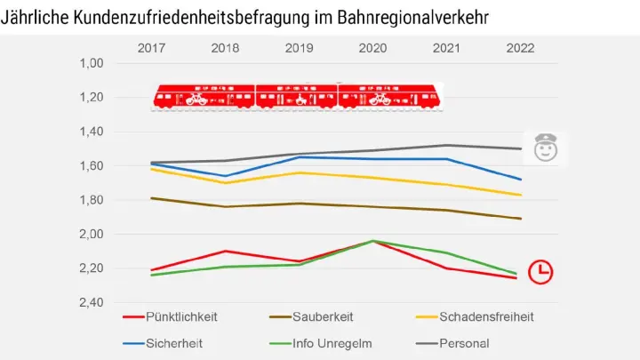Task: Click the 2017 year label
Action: [152, 48]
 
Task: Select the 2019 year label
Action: [300, 48]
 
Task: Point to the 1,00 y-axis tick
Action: [92, 63]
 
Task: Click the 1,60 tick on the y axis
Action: [92, 166]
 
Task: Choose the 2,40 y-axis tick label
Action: [92, 303]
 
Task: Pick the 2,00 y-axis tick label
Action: [92, 235]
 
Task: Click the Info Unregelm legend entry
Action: [332, 343]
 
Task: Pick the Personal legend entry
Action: [462, 343]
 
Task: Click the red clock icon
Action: [540, 272]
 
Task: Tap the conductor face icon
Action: [545, 148]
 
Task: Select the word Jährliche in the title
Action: [35, 17]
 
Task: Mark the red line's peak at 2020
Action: [372, 241]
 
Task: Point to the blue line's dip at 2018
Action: [225, 176]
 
